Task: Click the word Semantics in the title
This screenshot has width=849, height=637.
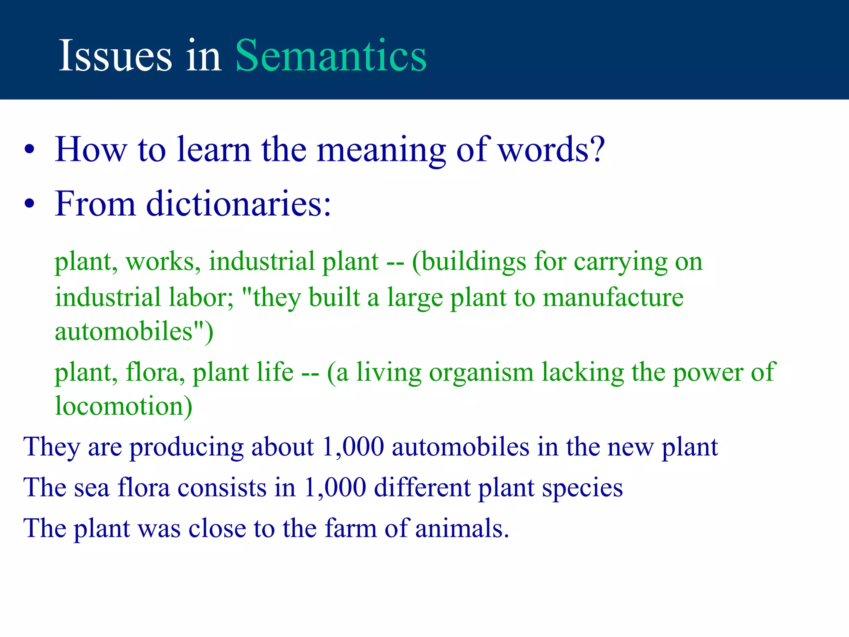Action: [331, 56]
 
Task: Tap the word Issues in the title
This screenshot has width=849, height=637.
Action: [115, 56]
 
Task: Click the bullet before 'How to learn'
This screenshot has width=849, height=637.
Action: [29, 150]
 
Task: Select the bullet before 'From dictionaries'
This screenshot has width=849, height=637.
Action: [29, 204]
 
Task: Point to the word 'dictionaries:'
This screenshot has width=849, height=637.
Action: [238, 204]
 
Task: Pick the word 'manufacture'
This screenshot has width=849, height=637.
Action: [613, 298]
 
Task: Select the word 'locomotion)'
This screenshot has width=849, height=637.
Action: [124, 406]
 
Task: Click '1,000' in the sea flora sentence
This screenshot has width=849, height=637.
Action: [335, 487]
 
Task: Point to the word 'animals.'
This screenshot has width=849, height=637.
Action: [462, 528]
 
